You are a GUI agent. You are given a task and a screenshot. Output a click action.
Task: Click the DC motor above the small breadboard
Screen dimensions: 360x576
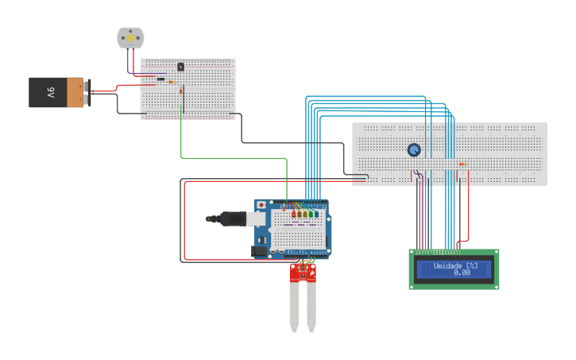click(130, 37)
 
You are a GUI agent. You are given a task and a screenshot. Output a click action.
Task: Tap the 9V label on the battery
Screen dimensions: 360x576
click(49, 92)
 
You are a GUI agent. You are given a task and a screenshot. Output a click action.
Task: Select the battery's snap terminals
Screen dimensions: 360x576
click(87, 92)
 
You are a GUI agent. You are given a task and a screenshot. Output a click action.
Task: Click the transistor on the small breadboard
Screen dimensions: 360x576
click(180, 67)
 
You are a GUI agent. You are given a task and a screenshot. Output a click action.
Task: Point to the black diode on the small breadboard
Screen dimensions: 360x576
click(161, 79)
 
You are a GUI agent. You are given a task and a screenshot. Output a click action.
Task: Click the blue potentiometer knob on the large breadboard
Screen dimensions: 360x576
click(413, 149)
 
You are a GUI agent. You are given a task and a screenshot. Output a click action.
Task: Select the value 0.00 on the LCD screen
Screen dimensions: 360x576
click(462, 273)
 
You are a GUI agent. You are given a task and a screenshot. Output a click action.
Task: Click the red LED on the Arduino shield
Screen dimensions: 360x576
click(294, 214)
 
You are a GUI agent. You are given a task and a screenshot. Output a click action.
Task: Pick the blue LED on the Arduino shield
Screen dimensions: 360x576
click(316, 214)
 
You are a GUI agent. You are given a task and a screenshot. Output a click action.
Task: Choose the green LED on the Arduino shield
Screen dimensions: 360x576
click(308, 214)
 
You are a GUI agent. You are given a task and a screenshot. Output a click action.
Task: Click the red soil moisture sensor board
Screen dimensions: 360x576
click(302, 273)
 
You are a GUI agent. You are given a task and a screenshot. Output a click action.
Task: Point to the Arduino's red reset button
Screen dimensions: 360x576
click(261, 205)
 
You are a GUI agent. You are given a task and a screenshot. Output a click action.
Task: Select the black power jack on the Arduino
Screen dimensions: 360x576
click(259, 251)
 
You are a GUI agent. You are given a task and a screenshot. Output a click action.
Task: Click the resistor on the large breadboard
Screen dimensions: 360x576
click(462, 164)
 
